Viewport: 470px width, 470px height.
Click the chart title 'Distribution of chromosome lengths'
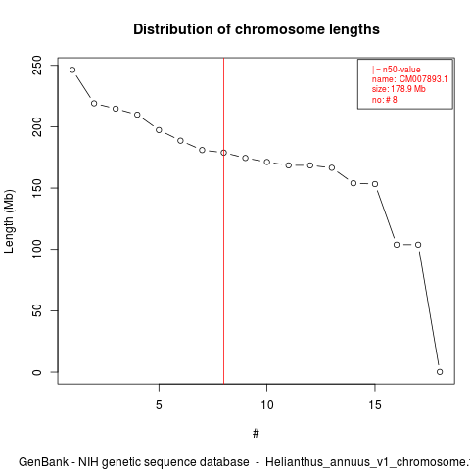[257, 29]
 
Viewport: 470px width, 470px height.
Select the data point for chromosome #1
[72, 70]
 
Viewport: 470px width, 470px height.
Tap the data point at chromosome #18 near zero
[440, 372]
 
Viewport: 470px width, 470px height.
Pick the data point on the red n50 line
[223, 153]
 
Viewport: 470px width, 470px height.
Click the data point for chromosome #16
[397, 245]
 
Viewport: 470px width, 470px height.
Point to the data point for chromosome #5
[159, 130]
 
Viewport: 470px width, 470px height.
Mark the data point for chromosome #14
[353, 183]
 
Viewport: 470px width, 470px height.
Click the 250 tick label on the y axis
[37, 66]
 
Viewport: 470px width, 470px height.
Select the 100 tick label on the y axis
[37, 249]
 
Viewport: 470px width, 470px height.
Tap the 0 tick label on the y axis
[37, 372]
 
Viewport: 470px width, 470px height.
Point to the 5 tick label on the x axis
[159, 405]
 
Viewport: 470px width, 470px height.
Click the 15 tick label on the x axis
[375, 405]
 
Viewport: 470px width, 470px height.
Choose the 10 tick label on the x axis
[266, 405]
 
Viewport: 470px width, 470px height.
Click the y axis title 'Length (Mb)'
[9, 221]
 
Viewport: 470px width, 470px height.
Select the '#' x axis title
[256, 434]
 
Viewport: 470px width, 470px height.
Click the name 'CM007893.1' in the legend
[423, 79]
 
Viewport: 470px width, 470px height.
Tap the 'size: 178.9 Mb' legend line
[399, 89]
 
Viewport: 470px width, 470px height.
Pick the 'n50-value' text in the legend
[401, 70]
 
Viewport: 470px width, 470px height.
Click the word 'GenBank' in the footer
[43, 462]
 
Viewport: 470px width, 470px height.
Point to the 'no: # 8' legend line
[385, 99]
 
